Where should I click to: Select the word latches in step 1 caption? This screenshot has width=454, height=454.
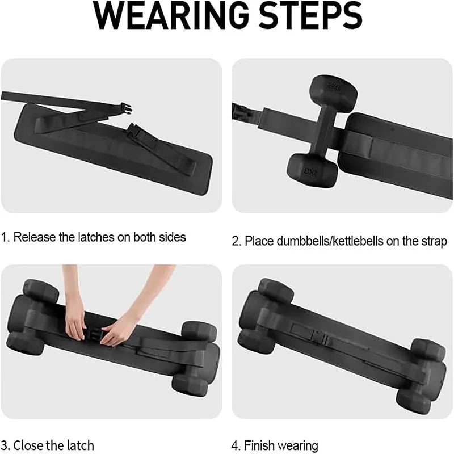93,237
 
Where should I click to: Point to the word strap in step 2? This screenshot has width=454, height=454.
432,242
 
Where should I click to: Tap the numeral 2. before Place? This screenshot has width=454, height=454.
237,242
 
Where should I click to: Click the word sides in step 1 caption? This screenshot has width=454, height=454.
172,237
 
